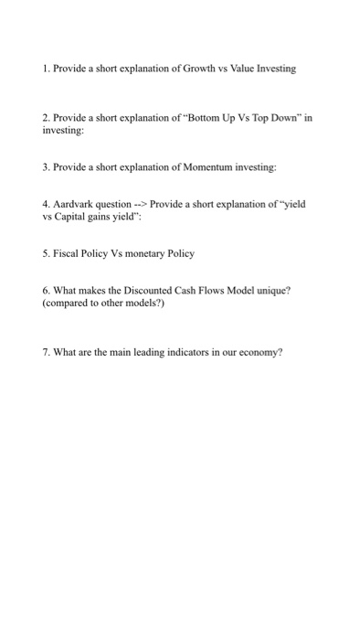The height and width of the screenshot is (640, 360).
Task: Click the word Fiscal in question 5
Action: (68, 252)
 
